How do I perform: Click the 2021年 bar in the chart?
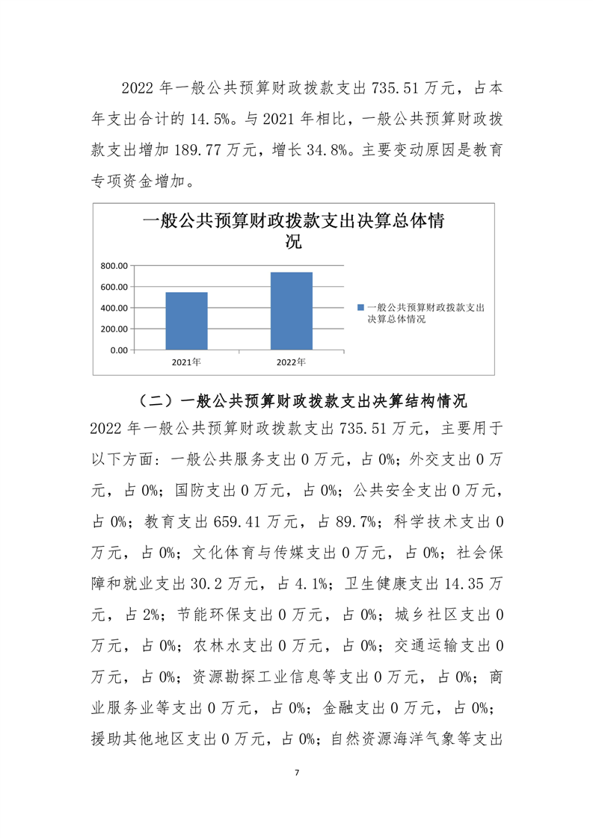tap(186, 320)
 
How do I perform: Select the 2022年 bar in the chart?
tap(291, 311)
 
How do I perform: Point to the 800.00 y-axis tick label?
tap(114, 266)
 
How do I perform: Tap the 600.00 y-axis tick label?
tap(114, 287)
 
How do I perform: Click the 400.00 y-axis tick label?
tap(114, 308)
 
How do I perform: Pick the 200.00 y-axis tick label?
tap(114, 329)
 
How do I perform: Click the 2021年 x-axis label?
tap(186, 362)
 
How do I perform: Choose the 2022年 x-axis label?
tap(291, 362)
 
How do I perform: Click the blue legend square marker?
tap(360, 308)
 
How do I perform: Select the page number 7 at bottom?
tap(297, 772)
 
